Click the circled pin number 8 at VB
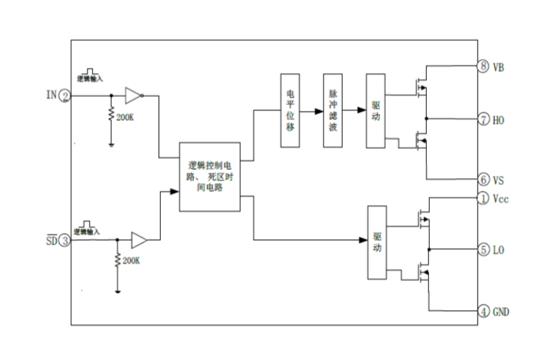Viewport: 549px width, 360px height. pyautogui.click(x=483, y=66)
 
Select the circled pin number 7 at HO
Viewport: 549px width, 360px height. pyautogui.click(x=483, y=119)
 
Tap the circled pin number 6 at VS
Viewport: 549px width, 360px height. pyautogui.click(x=483, y=180)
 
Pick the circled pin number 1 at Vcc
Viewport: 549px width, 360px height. pyautogui.click(x=483, y=199)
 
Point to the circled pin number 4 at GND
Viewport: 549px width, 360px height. pyautogui.click(x=483, y=311)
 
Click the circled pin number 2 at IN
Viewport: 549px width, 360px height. pyautogui.click(x=66, y=95)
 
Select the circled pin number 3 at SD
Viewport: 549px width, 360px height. pyautogui.click(x=66, y=240)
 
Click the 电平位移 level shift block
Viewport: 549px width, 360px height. pyautogui.click(x=290, y=110)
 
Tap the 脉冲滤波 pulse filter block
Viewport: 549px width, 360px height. pyautogui.click(x=332, y=110)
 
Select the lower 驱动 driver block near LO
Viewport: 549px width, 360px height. pyautogui.click(x=377, y=243)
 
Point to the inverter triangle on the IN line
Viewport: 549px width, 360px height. pyautogui.click(x=133, y=95)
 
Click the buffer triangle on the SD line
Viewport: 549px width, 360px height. pyautogui.click(x=139, y=240)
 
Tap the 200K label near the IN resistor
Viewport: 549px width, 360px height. pyautogui.click(x=125, y=119)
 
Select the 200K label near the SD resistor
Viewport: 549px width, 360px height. pyautogui.click(x=130, y=261)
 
